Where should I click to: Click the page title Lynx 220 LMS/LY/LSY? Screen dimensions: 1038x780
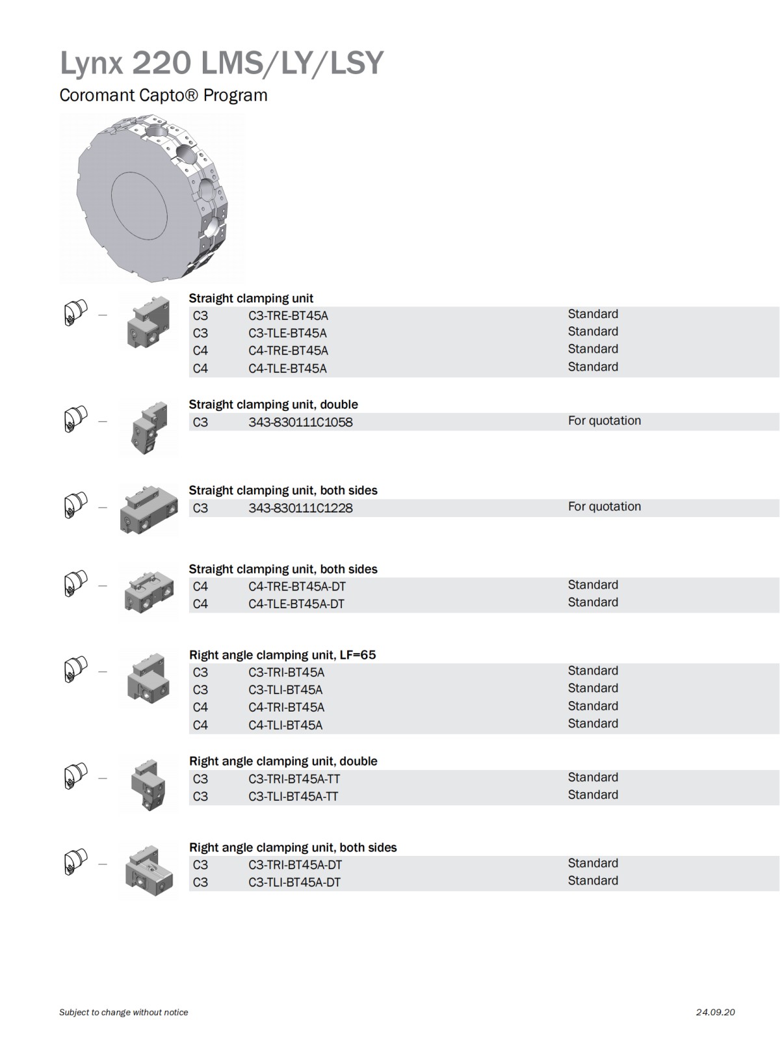coord(222,64)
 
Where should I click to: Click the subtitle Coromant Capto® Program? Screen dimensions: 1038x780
coord(163,96)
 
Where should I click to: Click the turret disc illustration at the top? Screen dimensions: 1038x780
coord(153,198)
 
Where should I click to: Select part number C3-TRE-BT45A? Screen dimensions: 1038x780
coord(288,316)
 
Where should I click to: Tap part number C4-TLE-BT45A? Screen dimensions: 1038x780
coord(287,369)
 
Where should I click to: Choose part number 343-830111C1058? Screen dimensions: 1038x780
coord(300,422)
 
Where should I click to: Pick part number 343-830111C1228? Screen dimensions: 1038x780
coord(300,508)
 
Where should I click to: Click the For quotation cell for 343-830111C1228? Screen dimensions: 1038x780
coord(604,507)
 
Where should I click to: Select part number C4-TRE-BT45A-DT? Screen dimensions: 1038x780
coord(297,587)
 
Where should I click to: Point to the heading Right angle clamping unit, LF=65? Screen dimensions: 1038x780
coord(282,655)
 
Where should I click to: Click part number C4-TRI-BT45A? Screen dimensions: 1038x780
coord(286,708)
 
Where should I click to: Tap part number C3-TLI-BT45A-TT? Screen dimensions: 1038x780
coord(293,797)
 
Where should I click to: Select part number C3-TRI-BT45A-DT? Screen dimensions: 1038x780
coord(295,865)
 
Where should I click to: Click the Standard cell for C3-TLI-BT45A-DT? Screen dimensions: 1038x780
coord(593,881)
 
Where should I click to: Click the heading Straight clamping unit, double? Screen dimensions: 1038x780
coord(273,405)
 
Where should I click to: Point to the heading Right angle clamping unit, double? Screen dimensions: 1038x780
coord(283,761)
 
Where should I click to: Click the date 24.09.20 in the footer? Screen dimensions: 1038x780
coord(715,1012)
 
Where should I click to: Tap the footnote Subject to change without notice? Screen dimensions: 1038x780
coord(123,1012)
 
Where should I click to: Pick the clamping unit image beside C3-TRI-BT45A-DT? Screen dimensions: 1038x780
coord(149,872)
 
